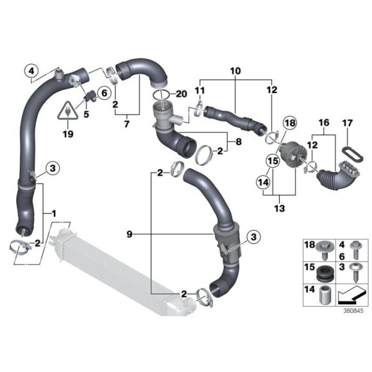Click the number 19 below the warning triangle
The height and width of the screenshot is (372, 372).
(x=68, y=135)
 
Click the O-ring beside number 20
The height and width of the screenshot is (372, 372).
(x=162, y=95)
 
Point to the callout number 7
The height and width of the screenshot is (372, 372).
(x=126, y=122)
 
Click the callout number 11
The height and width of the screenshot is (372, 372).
(x=199, y=90)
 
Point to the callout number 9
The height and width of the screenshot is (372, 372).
(x=130, y=235)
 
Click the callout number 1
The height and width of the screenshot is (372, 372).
(x=55, y=212)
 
